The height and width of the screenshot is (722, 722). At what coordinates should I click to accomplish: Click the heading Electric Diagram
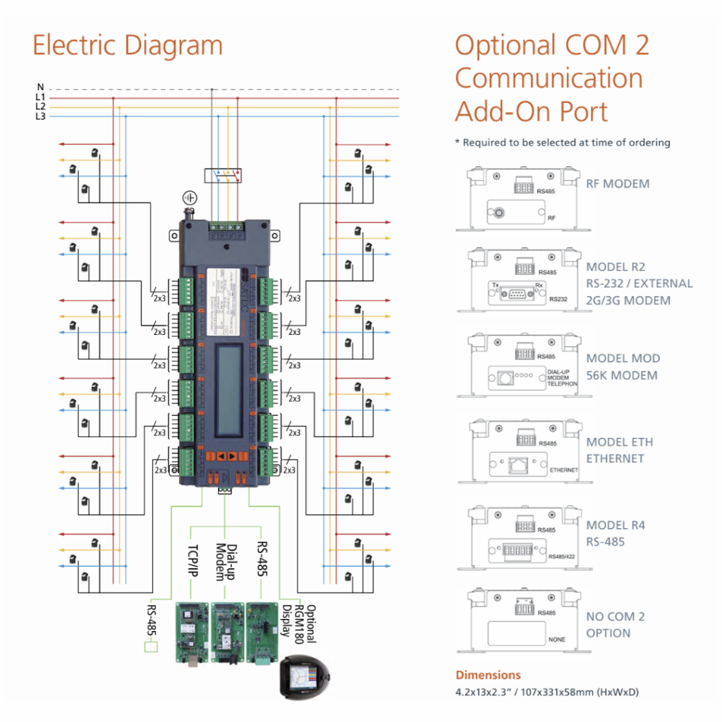click(x=128, y=46)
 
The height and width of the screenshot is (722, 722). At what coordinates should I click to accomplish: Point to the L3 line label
click(x=40, y=116)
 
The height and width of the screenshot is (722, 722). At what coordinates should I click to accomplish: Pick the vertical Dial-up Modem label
click(x=224, y=561)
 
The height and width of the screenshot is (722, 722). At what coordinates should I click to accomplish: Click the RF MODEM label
click(x=618, y=184)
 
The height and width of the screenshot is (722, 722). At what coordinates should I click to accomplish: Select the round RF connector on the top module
click(x=498, y=211)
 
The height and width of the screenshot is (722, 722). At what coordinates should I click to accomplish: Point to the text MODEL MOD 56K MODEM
click(x=623, y=367)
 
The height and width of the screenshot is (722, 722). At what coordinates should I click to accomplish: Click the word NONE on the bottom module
click(x=556, y=640)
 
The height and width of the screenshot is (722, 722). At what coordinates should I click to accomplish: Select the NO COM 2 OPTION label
click(x=615, y=625)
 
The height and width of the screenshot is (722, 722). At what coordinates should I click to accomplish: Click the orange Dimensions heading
click(x=488, y=675)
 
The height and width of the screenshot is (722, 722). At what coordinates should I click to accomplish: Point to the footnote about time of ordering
click(x=562, y=142)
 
